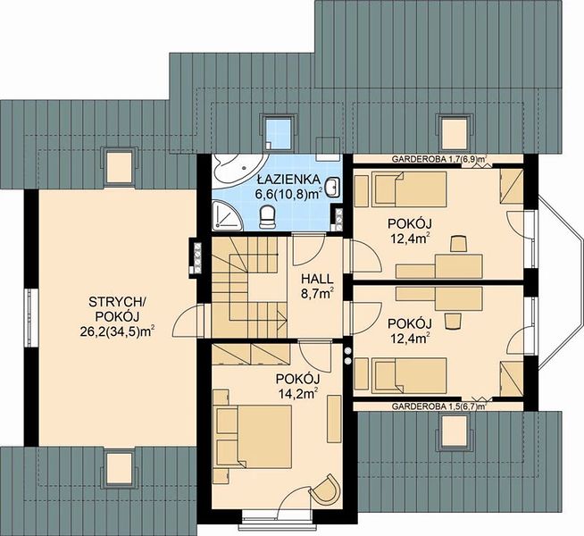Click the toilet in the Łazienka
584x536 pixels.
tap(267, 217)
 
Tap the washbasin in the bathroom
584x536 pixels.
tap(332, 187)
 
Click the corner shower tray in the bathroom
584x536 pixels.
tap(226, 214)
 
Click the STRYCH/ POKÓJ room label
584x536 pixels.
tap(118, 309)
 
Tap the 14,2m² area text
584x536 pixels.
tap(298, 393)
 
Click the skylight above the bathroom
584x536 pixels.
tap(279, 133)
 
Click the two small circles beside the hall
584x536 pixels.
tap(348, 356)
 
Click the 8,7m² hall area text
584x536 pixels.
tap(317, 293)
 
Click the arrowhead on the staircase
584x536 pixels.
tap(283, 319)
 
